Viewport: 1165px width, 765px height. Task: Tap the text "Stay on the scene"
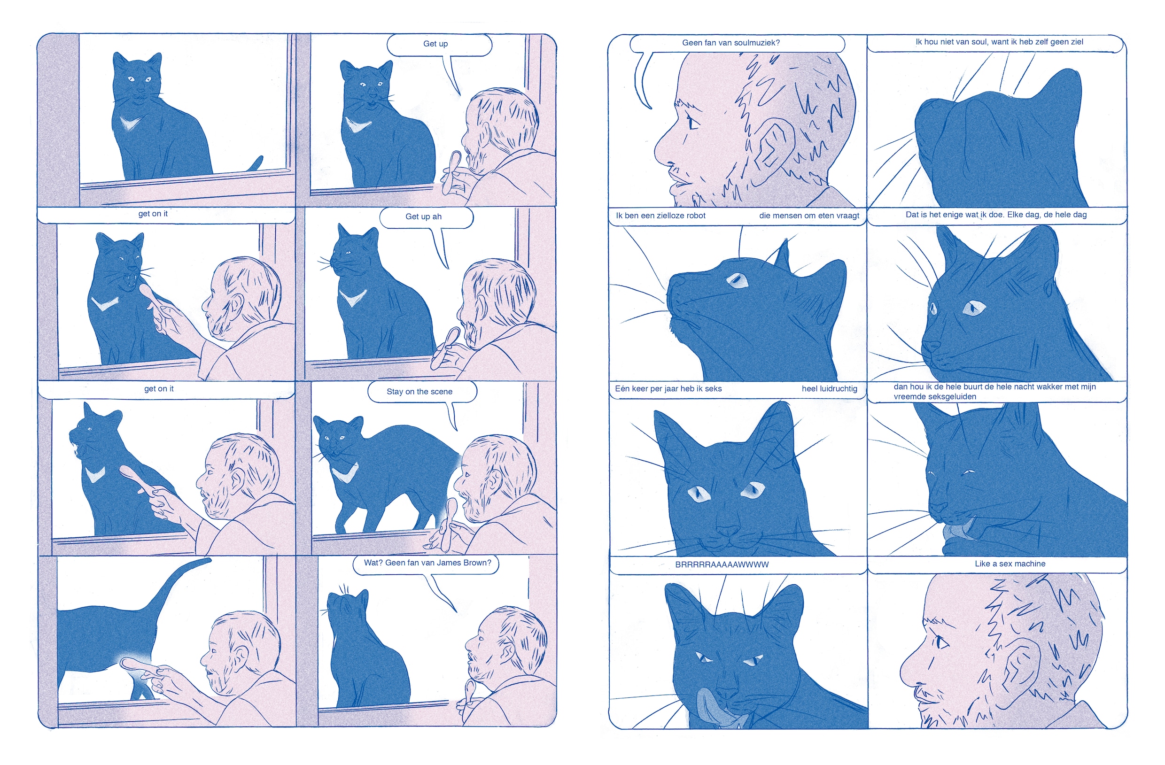[x=419, y=392]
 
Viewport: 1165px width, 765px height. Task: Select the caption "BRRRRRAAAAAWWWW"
[x=722, y=564]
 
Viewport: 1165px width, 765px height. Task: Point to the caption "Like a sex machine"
[x=1010, y=564]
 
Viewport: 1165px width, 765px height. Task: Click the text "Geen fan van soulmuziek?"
[x=731, y=43]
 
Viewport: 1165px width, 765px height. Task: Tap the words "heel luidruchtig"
[x=829, y=389]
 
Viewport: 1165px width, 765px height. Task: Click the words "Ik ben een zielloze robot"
[x=660, y=216]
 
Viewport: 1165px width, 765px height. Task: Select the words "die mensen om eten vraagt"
[x=809, y=216]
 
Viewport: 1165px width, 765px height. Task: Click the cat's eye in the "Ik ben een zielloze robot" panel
[x=736, y=280]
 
